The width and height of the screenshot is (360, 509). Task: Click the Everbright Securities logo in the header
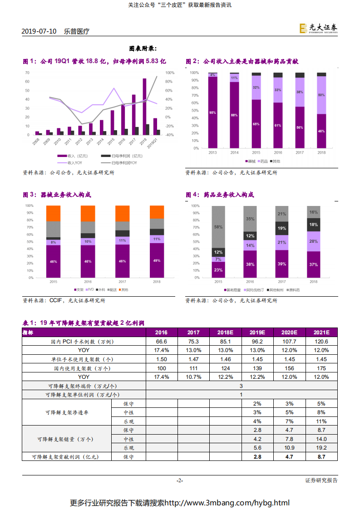tap(318, 29)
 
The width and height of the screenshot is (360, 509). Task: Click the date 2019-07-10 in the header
tap(39, 31)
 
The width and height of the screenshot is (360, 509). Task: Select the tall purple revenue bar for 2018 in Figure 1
tap(144, 104)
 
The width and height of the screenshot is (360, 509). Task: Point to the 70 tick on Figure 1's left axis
tap(27, 73)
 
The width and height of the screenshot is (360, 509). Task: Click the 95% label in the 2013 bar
tap(212, 113)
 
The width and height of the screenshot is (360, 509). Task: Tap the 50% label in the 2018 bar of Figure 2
tap(321, 95)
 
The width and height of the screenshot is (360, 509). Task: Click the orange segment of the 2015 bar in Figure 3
tap(53, 213)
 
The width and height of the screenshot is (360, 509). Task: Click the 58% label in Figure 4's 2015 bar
tap(218, 227)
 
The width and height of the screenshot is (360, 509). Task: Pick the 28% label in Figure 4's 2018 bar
tap(313, 241)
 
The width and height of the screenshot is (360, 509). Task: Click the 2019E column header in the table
tap(257, 333)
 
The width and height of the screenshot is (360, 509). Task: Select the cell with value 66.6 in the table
tap(162, 342)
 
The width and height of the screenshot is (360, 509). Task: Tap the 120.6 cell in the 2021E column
tap(321, 342)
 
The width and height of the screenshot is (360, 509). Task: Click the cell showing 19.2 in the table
tap(321, 448)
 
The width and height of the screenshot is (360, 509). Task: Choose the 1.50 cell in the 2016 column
tap(162, 359)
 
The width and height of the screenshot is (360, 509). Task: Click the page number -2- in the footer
tap(180, 480)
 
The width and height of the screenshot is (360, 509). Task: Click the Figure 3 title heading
tap(57, 195)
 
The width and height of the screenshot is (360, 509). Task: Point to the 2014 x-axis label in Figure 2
tap(234, 153)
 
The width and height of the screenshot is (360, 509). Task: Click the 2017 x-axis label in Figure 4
tap(281, 282)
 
